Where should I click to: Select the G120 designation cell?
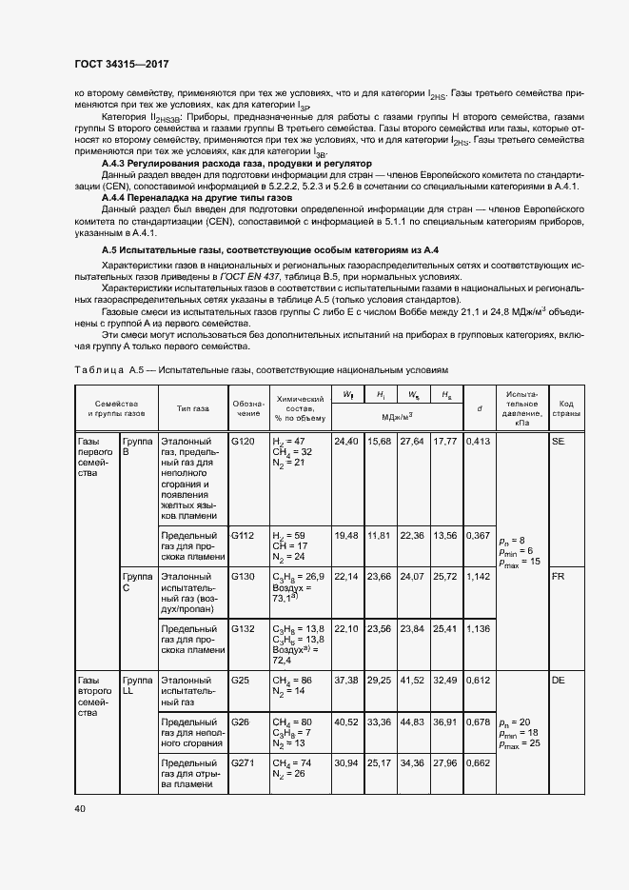tap(244, 443)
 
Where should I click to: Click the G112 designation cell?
tap(244, 536)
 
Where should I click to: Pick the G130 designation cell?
tap(244, 577)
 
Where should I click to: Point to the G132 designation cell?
tap(244, 629)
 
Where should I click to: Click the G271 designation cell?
tap(244, 763)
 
